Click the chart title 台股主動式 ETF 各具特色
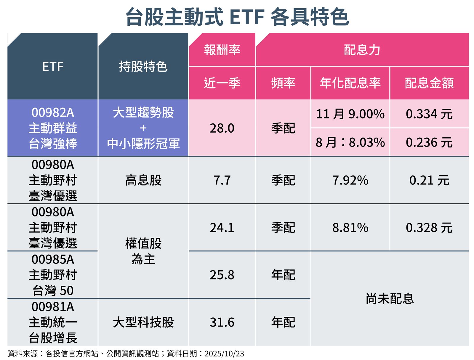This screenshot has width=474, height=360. click(x=237, y=17)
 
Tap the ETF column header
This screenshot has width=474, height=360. click(x=53, y=67)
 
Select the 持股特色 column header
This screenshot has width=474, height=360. click(x=143, y=67)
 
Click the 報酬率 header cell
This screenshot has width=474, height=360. click(x=222, y=50)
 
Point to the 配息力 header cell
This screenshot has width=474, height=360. click(x=362, y=50)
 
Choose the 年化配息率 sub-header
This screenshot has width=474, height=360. click(x=350, y=83)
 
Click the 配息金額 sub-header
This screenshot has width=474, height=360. click(x=429, y=83)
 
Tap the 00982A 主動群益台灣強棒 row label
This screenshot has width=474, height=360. click(x=53, y=128)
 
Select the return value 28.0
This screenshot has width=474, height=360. click(x=222, y=128)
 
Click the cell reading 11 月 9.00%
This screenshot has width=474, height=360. click(x=350, y=114)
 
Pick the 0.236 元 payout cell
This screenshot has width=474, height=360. click(x=429, y=142)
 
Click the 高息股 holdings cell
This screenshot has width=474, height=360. click(x=143, y=180)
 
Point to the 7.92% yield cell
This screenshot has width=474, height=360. click(x=350, y=180)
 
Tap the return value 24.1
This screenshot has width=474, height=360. click(x=222, y=227)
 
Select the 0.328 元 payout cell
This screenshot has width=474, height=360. click(x=429, y=227)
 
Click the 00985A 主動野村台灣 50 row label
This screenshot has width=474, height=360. click(x=53, y=275)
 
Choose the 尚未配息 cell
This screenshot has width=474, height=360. click(x=390, y=298)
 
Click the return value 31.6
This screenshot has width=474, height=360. click(x=222, y=322)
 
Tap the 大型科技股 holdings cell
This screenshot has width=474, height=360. click(x=143, y=322)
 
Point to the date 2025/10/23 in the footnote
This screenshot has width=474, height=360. click(x=224, y=353)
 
